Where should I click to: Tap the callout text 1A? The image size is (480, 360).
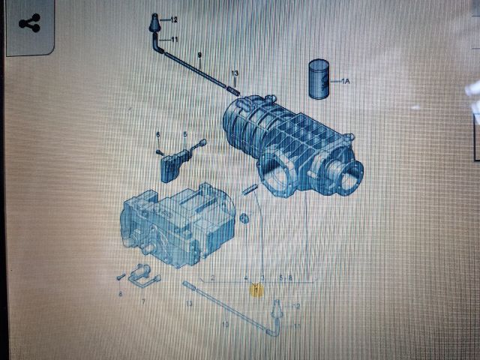click(346, 80)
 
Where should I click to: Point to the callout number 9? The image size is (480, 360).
click(199, 55)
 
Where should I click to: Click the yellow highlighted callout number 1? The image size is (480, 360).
click(256, 289)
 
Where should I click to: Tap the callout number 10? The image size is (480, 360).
click(224, 324)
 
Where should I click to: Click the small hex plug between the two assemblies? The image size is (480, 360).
click(244, 218)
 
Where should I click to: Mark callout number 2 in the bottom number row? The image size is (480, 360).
click(214, 278)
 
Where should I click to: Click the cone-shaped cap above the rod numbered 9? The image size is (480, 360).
click(154, 22)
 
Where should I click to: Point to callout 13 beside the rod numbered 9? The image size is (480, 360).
click(235, 73)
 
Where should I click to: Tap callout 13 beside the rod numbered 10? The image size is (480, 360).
click(190, 304)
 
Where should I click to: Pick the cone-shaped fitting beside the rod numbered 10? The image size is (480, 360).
click(277, 307)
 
